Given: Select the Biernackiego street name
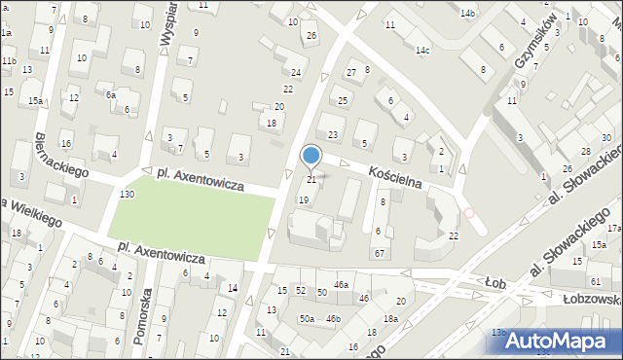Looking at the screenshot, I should coord(60,155).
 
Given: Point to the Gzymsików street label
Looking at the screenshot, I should coord(539,41).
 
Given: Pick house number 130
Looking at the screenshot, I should coord(127,195).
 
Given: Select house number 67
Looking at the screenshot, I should coord(380,253).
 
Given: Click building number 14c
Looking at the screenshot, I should coord(422,50).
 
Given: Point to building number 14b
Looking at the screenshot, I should coord(467,13).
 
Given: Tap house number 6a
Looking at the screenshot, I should coord(111,95).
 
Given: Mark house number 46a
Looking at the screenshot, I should coord(341,284).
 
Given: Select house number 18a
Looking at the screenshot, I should coord(390,319).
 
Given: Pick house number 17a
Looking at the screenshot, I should coord(614,228).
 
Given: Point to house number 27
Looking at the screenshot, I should coord(351,73).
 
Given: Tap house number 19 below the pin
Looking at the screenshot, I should coord(304,199).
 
